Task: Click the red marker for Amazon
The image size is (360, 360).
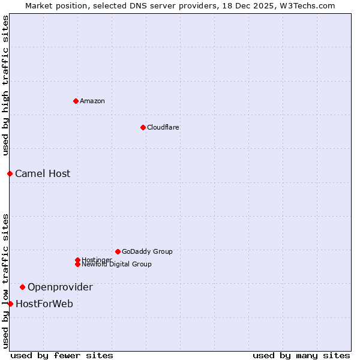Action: [76, 101]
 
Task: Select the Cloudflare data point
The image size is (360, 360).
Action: [143, 127]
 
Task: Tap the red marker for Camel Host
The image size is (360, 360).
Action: [10, 173]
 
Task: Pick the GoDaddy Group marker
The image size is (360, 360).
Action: [118, 251]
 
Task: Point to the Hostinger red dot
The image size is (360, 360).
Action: [77, 260]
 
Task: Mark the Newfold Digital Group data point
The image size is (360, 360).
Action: [77, 264]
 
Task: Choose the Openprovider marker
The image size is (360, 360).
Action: [22, 287]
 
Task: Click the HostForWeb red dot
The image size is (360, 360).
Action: [10, 304]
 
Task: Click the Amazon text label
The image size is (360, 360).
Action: [92, 101]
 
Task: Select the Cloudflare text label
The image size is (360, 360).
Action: [163, 127]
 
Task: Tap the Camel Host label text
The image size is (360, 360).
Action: [43, 173]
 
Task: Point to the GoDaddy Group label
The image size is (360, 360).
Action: [147, 251]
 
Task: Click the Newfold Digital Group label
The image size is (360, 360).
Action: [116, 264]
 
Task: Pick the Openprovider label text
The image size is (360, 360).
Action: [60, 287]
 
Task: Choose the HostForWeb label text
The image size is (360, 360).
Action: [44, 304]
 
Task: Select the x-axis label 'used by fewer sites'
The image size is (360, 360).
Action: [62, 355]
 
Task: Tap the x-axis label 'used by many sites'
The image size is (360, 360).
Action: [301, 355]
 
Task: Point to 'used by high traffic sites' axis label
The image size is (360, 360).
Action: [5, 85]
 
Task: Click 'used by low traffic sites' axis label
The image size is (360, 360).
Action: [5, 281]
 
